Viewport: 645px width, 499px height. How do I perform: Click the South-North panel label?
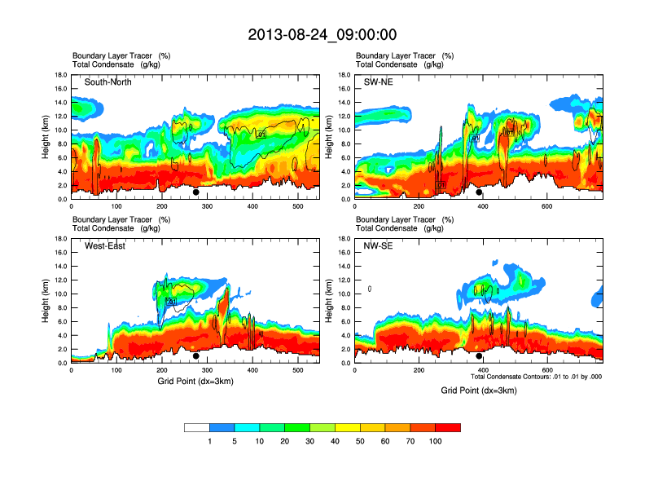pos(108,82)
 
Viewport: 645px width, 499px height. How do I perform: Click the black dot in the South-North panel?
pos(196,192)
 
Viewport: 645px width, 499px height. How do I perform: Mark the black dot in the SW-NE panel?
pos(479,192)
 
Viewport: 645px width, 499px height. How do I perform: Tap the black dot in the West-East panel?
pos(196,356)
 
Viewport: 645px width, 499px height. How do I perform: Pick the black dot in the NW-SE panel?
pos(479,356)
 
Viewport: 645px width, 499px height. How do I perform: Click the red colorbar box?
pos(448,427)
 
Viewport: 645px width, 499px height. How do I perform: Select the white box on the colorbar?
pos(197,427)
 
